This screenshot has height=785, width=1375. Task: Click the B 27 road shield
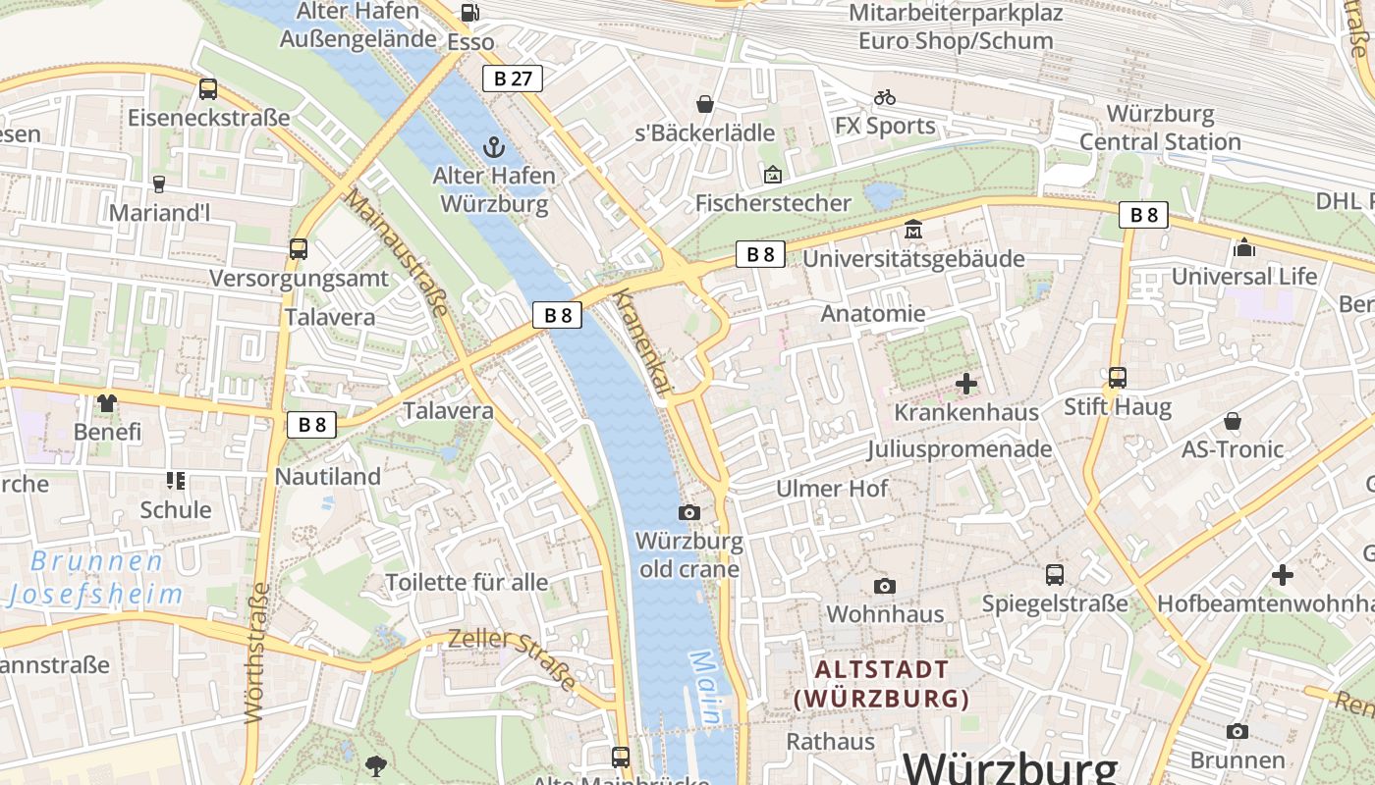(x=513, y=78)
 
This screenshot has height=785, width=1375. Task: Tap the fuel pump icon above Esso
(x=470, y=13)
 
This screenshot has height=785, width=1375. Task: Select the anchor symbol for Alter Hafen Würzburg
(x=493, y=148)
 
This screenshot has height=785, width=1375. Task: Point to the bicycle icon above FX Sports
(x=885, y=97)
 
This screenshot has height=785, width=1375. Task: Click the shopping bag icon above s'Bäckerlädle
(x=704, y=103)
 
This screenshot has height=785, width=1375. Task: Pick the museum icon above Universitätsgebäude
(x=913, y=229)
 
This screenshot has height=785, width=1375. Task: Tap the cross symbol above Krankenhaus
(x=966, y=384)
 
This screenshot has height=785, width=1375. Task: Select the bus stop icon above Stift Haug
(x=1117, y=377)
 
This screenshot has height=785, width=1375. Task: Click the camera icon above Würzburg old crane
(x=689, y=512)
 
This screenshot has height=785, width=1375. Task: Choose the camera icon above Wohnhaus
(x=885, y=586)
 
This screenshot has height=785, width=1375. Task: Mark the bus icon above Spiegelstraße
(x=1055, y=575)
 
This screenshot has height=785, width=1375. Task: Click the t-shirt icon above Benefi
(x=107, y=402)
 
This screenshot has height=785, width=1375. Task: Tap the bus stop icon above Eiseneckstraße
(x=208, y=89)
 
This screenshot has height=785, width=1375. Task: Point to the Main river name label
(x=706, y=688)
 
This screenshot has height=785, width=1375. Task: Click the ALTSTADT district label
(x=882, y=670)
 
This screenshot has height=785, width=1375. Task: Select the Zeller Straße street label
(x=513, y=657)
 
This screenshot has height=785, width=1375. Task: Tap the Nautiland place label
(x=328, y=477)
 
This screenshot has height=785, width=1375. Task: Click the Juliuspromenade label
(x=959, y=449)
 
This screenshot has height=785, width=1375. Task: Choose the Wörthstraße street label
(x=257, y=653)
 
